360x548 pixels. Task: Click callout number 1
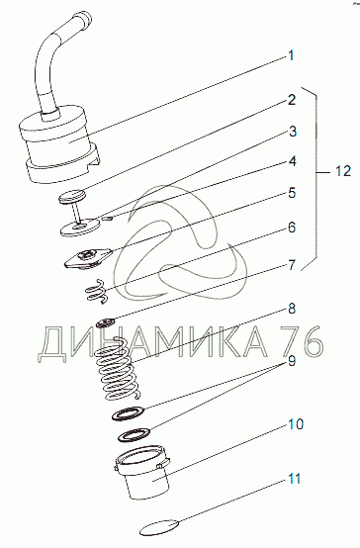[291, 56]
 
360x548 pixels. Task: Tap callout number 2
[292, 100]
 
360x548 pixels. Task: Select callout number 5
[292, 193]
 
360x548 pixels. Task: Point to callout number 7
[292, 266]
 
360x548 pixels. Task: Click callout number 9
[292, 361]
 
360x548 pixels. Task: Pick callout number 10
[296, 424]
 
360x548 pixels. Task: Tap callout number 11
[295, 479]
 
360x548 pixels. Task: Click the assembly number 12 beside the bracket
[343, 171]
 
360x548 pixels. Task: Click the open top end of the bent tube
[82, 17]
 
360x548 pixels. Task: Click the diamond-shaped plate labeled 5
[88, 258]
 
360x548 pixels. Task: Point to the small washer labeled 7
[106, 322]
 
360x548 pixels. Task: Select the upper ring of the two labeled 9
[129, 412]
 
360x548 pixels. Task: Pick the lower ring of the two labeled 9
[135, 434]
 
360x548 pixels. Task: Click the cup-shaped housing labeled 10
[142, 472]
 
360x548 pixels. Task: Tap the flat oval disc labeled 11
[160, 527]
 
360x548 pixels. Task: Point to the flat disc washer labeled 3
[80, 228]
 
